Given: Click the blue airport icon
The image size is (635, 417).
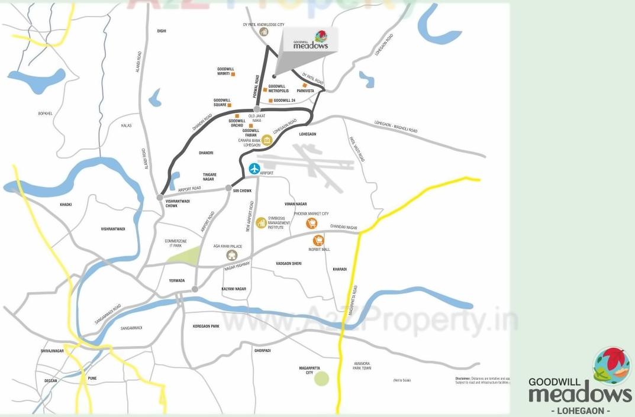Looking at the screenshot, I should point(254,169).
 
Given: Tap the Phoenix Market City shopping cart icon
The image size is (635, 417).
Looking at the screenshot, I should point(312,223).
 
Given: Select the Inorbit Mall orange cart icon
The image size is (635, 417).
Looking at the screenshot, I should point(318,240).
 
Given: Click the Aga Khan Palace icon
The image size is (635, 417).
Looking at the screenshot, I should point(232,255).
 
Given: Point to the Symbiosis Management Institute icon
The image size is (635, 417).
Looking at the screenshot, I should point(261,222).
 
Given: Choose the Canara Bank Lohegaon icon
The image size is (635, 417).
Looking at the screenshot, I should point(267,140).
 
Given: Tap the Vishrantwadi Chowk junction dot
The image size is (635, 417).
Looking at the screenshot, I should point(160,197).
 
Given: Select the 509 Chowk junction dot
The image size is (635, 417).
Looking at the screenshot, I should point(228,188).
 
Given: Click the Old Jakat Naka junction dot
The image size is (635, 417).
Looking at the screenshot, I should point(256,109).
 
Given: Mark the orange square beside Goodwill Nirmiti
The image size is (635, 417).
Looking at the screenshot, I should point(233,75).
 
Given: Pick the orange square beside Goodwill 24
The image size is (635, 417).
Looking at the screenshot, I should point(270,101).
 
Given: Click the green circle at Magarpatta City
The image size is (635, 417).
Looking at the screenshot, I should point(321,379).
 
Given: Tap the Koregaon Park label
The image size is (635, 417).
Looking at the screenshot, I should point(206,326).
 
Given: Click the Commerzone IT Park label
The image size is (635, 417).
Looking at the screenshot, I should point(176,243).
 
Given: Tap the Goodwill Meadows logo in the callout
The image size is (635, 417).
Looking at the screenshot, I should point(311,41).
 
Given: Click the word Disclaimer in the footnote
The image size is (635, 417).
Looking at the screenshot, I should point(463,378).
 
